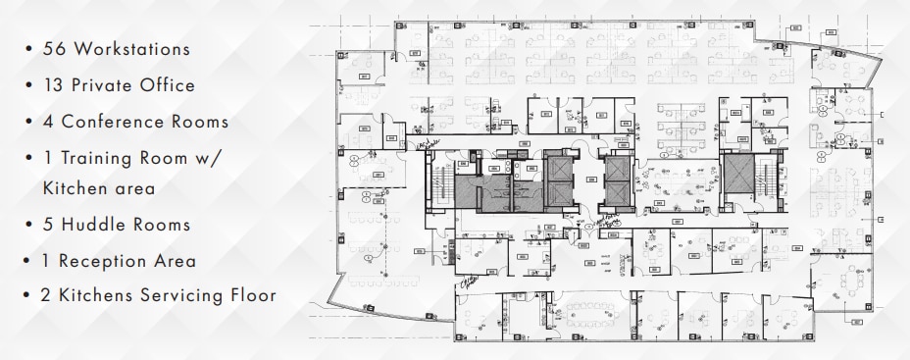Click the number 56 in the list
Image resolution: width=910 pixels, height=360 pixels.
point(55,48)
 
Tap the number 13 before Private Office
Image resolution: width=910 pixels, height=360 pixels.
point(53,85)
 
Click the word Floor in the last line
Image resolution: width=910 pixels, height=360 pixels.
point(252,295)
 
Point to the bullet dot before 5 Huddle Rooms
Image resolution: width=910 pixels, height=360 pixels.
point(31,226)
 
